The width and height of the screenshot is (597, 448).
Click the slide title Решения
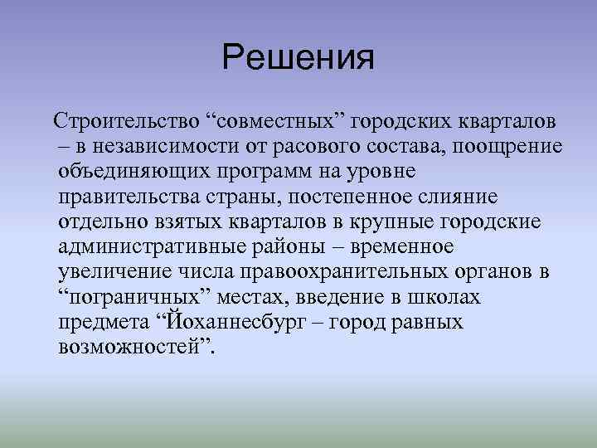click(x=298, y=58)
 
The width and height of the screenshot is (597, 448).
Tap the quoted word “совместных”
click(x=277, y=122)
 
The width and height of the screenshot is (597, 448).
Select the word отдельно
click(x=103, y=222)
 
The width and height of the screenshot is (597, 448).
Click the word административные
click(x=159, y=246)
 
